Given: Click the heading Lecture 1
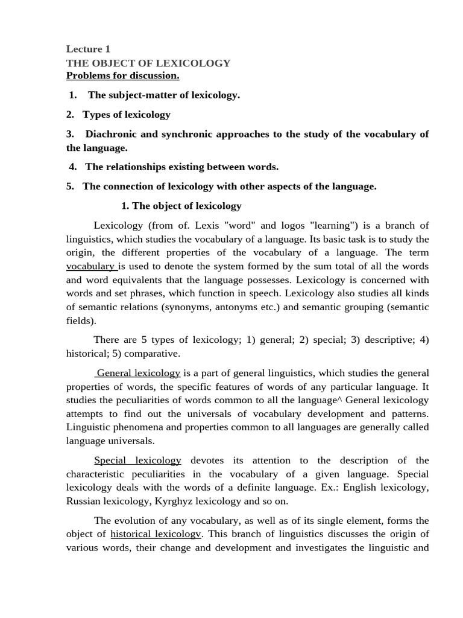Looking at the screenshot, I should coord(88,49).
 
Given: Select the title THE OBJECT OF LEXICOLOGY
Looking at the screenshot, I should coord(148,63).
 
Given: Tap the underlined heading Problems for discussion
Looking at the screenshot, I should coord(122,75).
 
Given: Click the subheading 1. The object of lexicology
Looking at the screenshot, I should coord(181,206).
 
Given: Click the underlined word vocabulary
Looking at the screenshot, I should coord(90,266).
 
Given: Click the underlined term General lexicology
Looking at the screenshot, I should coord(139,373).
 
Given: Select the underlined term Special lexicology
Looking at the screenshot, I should coord(137,460).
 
